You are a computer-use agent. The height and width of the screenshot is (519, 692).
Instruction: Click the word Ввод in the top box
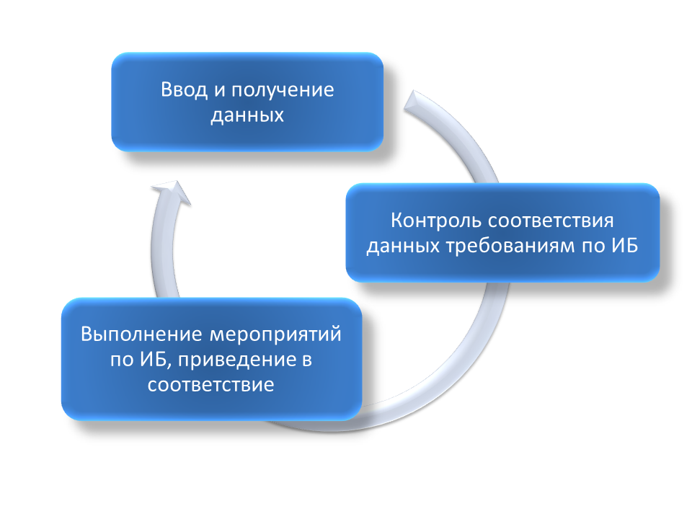coord(184,89)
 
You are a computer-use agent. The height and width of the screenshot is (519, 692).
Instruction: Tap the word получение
coord(283,91)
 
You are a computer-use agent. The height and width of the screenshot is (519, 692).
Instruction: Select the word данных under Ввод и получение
coord(247,115)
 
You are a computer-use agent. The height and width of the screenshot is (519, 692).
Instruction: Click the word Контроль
coord(437,221)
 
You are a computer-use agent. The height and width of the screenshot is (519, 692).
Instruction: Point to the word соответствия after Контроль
coord(551,221)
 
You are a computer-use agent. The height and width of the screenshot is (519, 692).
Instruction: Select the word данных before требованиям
coord(404,247)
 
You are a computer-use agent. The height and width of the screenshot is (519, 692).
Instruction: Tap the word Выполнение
coord(143,334)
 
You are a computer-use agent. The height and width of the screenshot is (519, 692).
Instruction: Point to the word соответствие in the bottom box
coord(211,385)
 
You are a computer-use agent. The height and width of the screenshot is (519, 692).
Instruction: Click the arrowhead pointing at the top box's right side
coord(415,102)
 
